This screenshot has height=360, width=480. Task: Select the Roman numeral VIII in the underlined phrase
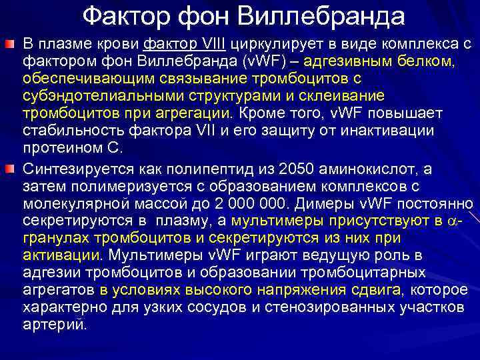[x=212, y=44]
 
